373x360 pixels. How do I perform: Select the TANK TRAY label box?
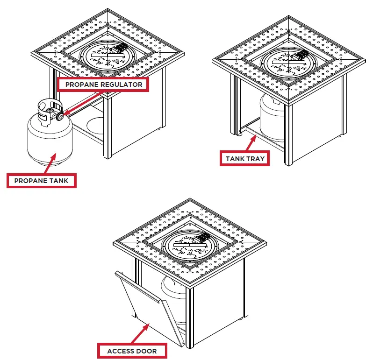[244, 159]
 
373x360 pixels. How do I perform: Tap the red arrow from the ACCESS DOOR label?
[140, 333]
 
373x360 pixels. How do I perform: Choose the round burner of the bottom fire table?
[189, 243]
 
